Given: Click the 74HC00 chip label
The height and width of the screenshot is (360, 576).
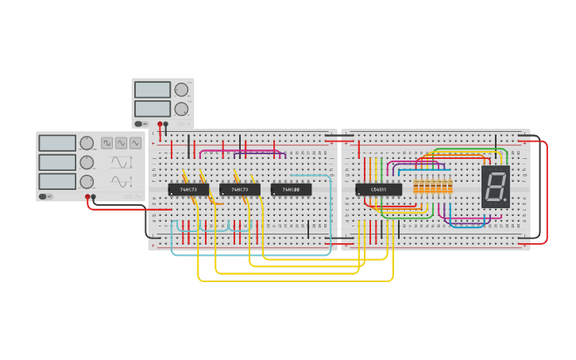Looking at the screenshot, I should (x=291, y=189).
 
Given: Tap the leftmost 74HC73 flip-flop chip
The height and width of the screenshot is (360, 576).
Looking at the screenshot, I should (x=188, y=189).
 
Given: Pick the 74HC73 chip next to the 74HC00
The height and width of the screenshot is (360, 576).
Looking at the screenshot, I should (x=240, y=189).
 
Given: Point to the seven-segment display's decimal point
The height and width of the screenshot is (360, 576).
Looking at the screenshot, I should (x=504, y=199).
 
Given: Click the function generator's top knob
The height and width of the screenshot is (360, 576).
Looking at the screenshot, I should (x=86, y=143).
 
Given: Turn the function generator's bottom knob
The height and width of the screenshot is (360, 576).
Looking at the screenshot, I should (x=86, y=181).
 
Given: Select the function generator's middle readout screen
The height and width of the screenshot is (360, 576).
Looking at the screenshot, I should (x=57, y=162).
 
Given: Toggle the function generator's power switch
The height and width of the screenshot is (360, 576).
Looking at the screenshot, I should (x=44, y=195).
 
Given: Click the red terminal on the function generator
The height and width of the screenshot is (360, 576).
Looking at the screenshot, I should (x=87, y=196).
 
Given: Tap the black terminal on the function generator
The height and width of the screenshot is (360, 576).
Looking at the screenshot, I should (x=94, y=196).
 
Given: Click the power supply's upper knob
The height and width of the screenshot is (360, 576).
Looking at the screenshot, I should (x=181, y=90).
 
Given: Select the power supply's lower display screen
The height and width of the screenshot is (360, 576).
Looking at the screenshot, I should (x=152, y=109).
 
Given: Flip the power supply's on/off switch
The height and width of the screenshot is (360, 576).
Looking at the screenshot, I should (x=140, y=123).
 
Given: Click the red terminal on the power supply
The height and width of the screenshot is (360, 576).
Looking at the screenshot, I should (x=160, y=124).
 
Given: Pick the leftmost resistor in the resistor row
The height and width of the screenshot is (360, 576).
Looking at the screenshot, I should (x=416, y=186).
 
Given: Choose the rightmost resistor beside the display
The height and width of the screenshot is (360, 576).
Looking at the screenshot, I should (x=450, y=186).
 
